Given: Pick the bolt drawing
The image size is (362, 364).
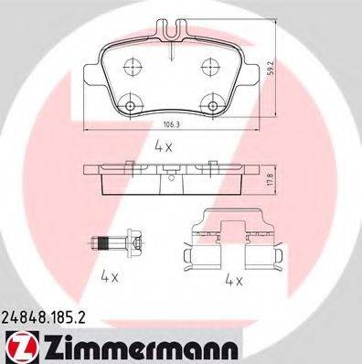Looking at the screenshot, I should coord(117,243).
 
